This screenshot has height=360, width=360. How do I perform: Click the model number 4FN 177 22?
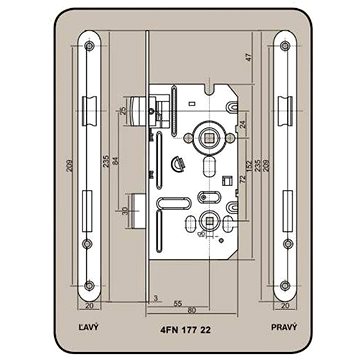click(186, 330)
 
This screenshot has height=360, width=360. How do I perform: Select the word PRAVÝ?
click(284, 327)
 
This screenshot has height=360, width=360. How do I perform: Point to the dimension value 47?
click(248, 57)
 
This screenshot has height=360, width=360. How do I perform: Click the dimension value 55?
click(178, 304)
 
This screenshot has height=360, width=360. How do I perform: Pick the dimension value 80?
click(192, 310)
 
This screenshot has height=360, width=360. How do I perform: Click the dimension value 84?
click(115, 161)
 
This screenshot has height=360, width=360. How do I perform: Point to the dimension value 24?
click(243, 124)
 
